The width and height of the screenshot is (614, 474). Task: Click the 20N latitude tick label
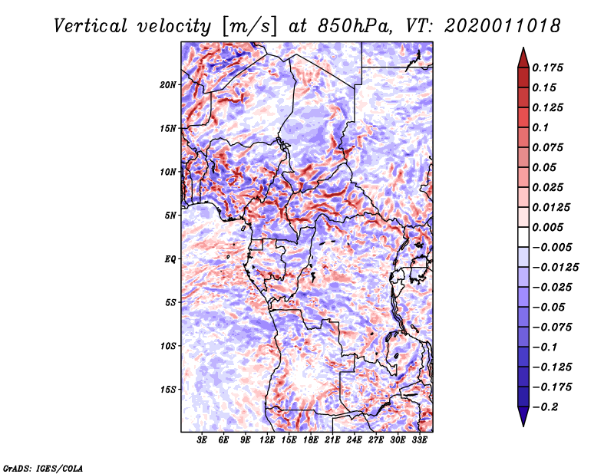[168, 84]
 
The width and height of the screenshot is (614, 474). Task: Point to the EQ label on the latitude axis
[170, 259]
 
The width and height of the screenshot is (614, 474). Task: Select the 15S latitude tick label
[168, 390]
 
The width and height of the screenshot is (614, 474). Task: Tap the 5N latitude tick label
[170, 216]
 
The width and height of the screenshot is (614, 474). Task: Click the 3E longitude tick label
[202, 441]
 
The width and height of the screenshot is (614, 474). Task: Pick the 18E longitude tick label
[311, 441]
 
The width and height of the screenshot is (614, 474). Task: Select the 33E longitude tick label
[419, 441]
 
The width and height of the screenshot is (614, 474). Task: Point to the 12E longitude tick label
[267, 441]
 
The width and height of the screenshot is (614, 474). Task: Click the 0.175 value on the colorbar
[549, 67]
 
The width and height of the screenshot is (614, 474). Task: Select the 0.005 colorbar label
[549, 227]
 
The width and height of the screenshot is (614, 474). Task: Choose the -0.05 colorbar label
[549, 308]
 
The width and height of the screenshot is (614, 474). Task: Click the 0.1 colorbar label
[543, 127]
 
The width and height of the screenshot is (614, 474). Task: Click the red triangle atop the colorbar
[523, 57]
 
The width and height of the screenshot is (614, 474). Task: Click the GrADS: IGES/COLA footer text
[43, 467]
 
